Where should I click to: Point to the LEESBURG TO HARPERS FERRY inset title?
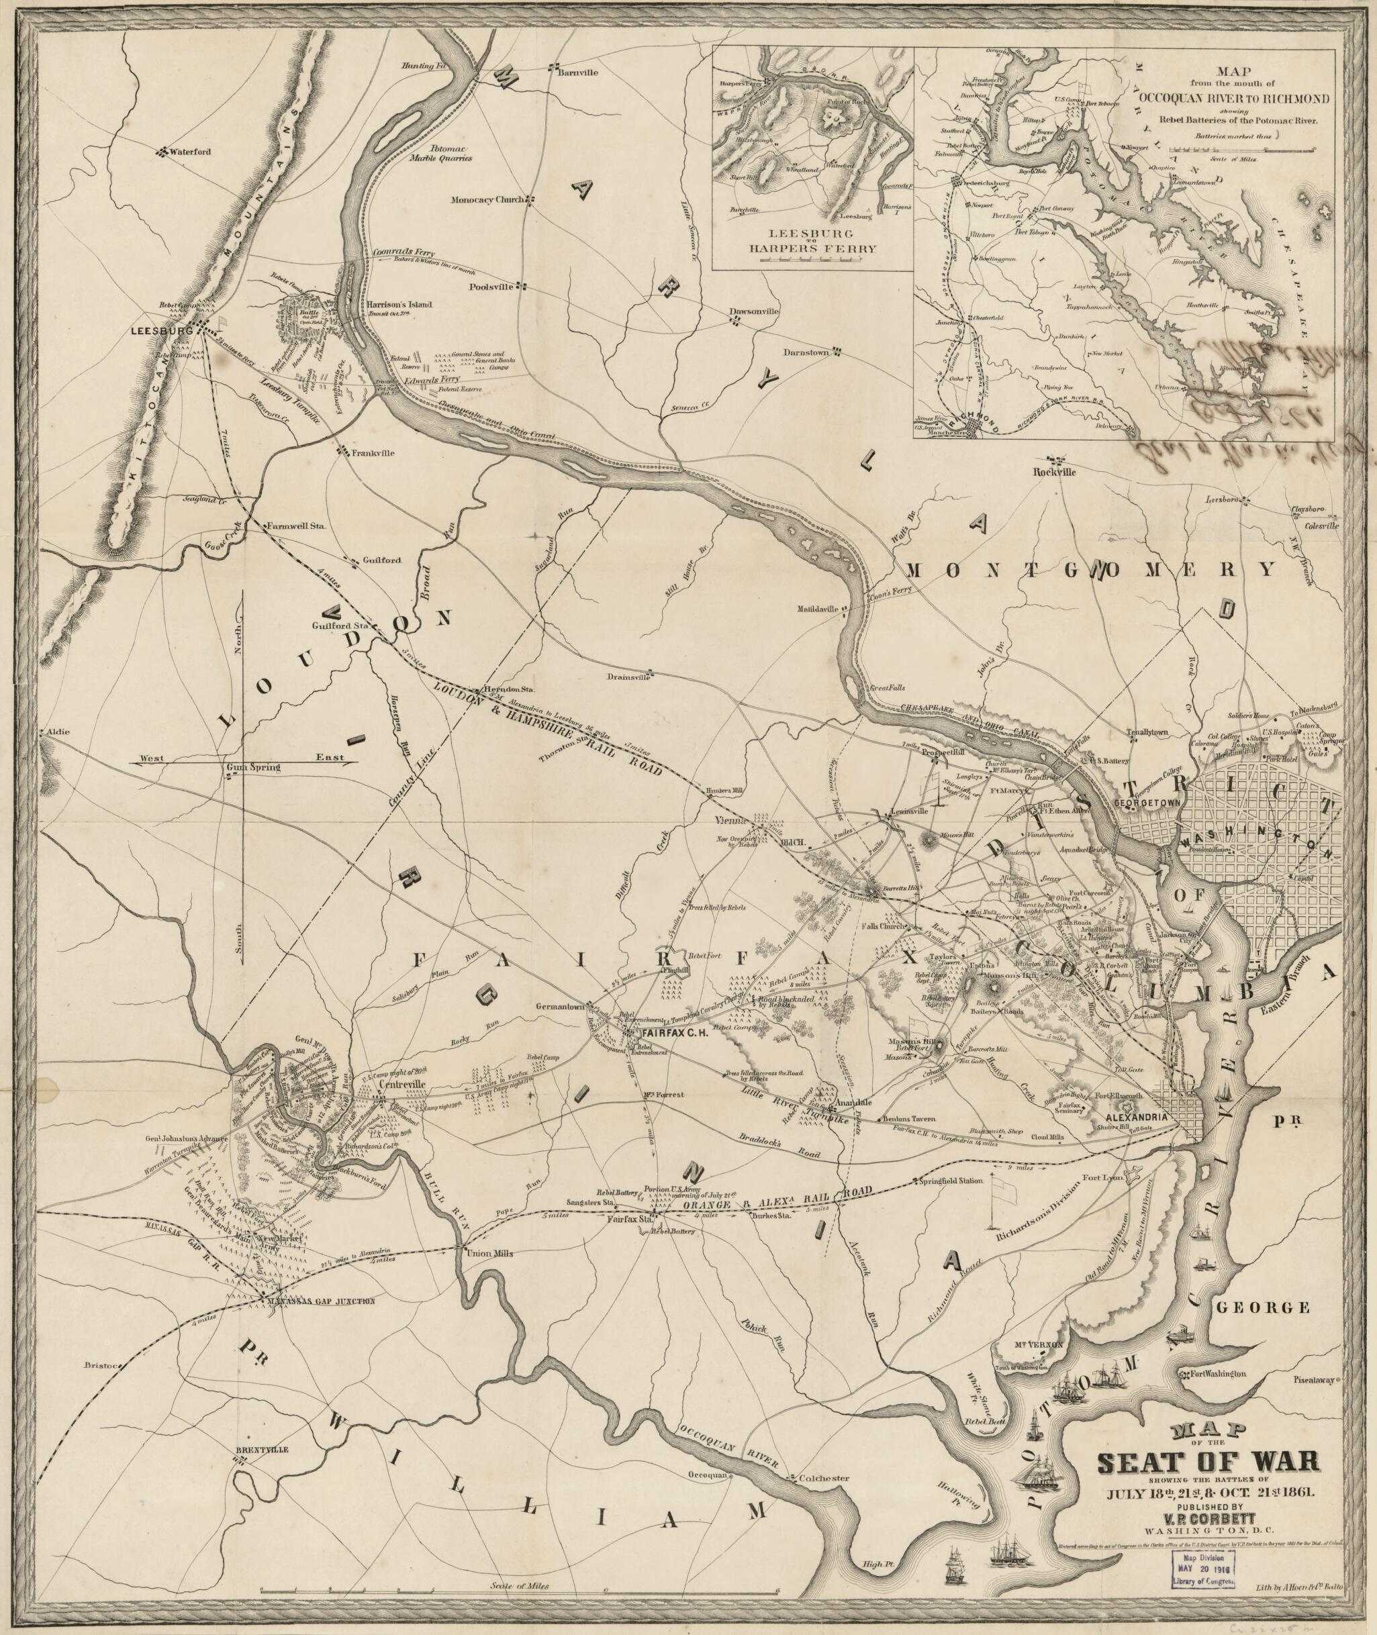(812, 241)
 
